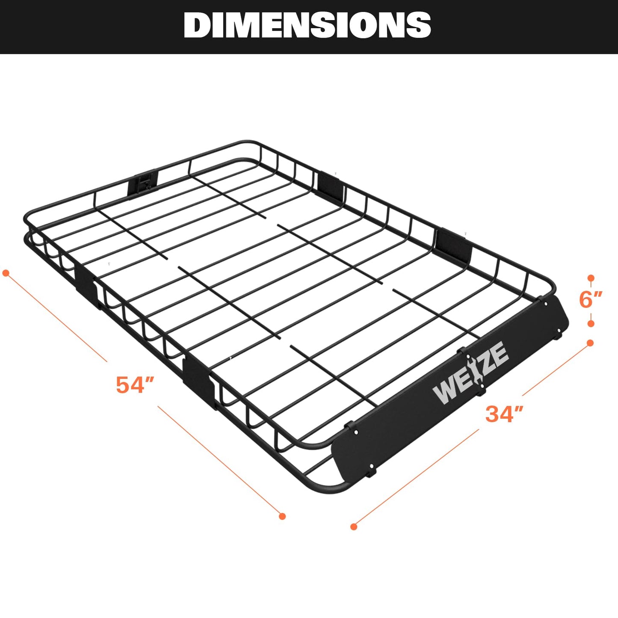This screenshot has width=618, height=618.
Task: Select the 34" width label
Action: point(504,414)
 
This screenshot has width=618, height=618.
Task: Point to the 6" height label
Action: point(590,300)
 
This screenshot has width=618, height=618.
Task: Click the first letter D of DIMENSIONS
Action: point(198,25)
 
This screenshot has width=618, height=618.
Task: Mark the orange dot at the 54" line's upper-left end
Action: point(6,273)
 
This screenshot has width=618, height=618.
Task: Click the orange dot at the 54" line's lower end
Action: point(282,516)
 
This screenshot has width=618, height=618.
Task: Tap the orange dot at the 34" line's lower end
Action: point(354,526)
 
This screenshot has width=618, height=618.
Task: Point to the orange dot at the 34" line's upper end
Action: point(590,343)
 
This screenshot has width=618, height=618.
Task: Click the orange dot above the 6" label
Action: point(591,278)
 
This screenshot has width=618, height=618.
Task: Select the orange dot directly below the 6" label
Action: point(591,323)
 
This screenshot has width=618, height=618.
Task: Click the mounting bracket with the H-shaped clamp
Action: point(142,184)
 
